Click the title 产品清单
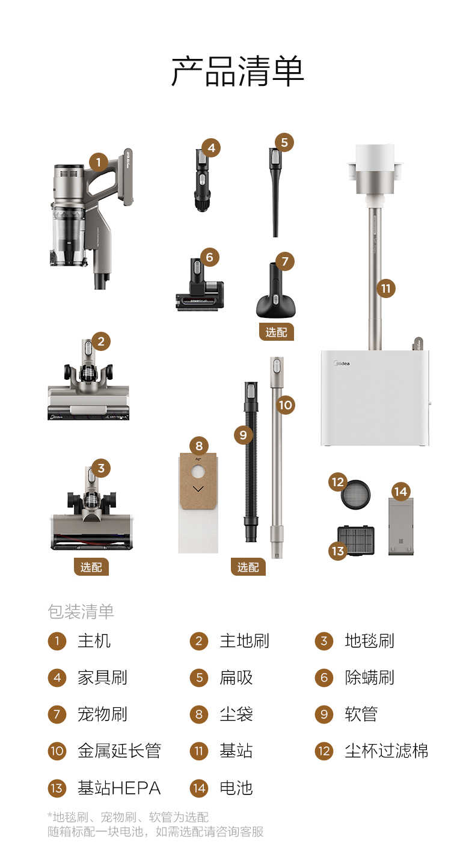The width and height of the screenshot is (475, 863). (x=237, y=72)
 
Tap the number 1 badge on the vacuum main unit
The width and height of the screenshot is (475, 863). (x=99, y=162)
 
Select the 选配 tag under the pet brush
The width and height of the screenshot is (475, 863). (x=277, y=332)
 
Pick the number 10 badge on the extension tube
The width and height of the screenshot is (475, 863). (x=285, y=404)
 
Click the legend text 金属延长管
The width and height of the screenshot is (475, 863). (x=119, y=751)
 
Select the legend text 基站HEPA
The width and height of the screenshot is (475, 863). (x=118, y=788)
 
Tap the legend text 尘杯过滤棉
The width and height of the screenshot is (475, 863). (x=386, y=751)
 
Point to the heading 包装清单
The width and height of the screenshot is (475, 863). (x=81, y=612)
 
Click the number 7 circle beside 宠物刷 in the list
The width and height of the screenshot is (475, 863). (x=57, y=715)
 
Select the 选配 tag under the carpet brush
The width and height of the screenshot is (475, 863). (x=91, y=567)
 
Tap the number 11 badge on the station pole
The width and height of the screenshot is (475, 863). (x=385, y=288)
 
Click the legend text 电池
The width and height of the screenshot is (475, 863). (x=236, y=788)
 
